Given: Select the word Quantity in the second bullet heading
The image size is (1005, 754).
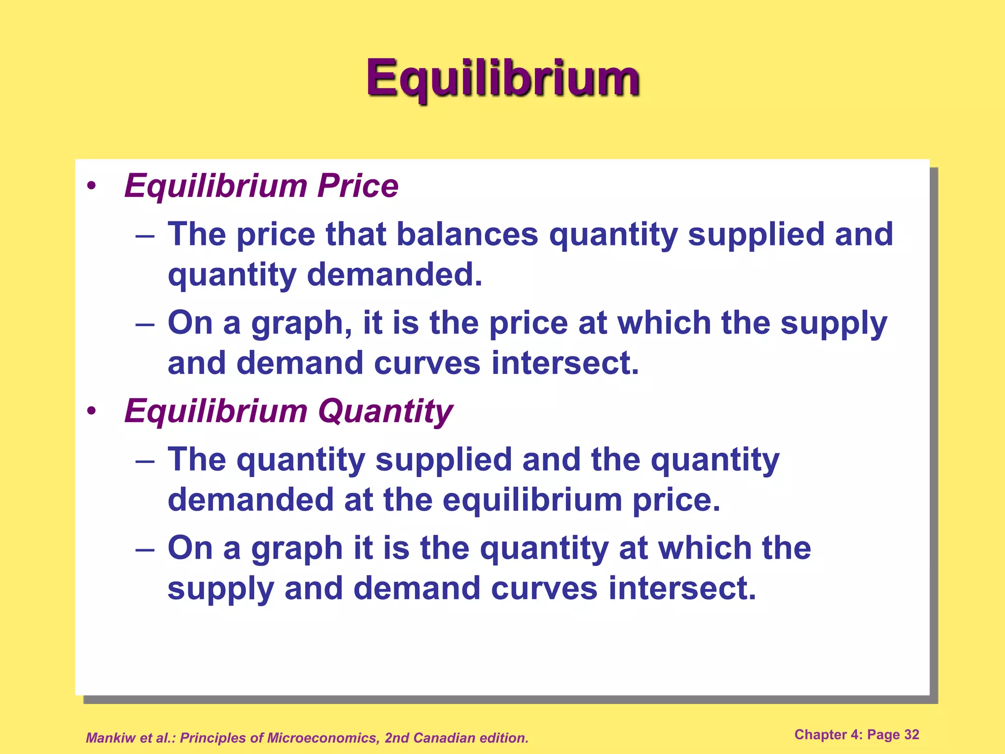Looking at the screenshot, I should pos(386,411).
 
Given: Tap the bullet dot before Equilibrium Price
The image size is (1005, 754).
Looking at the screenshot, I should pos(91,187).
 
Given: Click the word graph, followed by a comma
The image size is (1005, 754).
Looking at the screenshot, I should pos(301,324).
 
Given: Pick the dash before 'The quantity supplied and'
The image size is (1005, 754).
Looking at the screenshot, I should pos(145,461).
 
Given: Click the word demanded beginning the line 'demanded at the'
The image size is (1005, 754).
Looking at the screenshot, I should pos(251,499).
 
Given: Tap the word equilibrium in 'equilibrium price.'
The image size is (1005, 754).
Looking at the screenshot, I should pos(532,500).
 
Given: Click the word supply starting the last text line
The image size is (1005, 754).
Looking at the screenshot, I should pos(220,589).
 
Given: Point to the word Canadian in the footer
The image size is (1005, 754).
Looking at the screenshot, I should pos(444,738).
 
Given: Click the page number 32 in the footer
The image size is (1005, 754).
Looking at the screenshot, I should pos(911,734).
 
